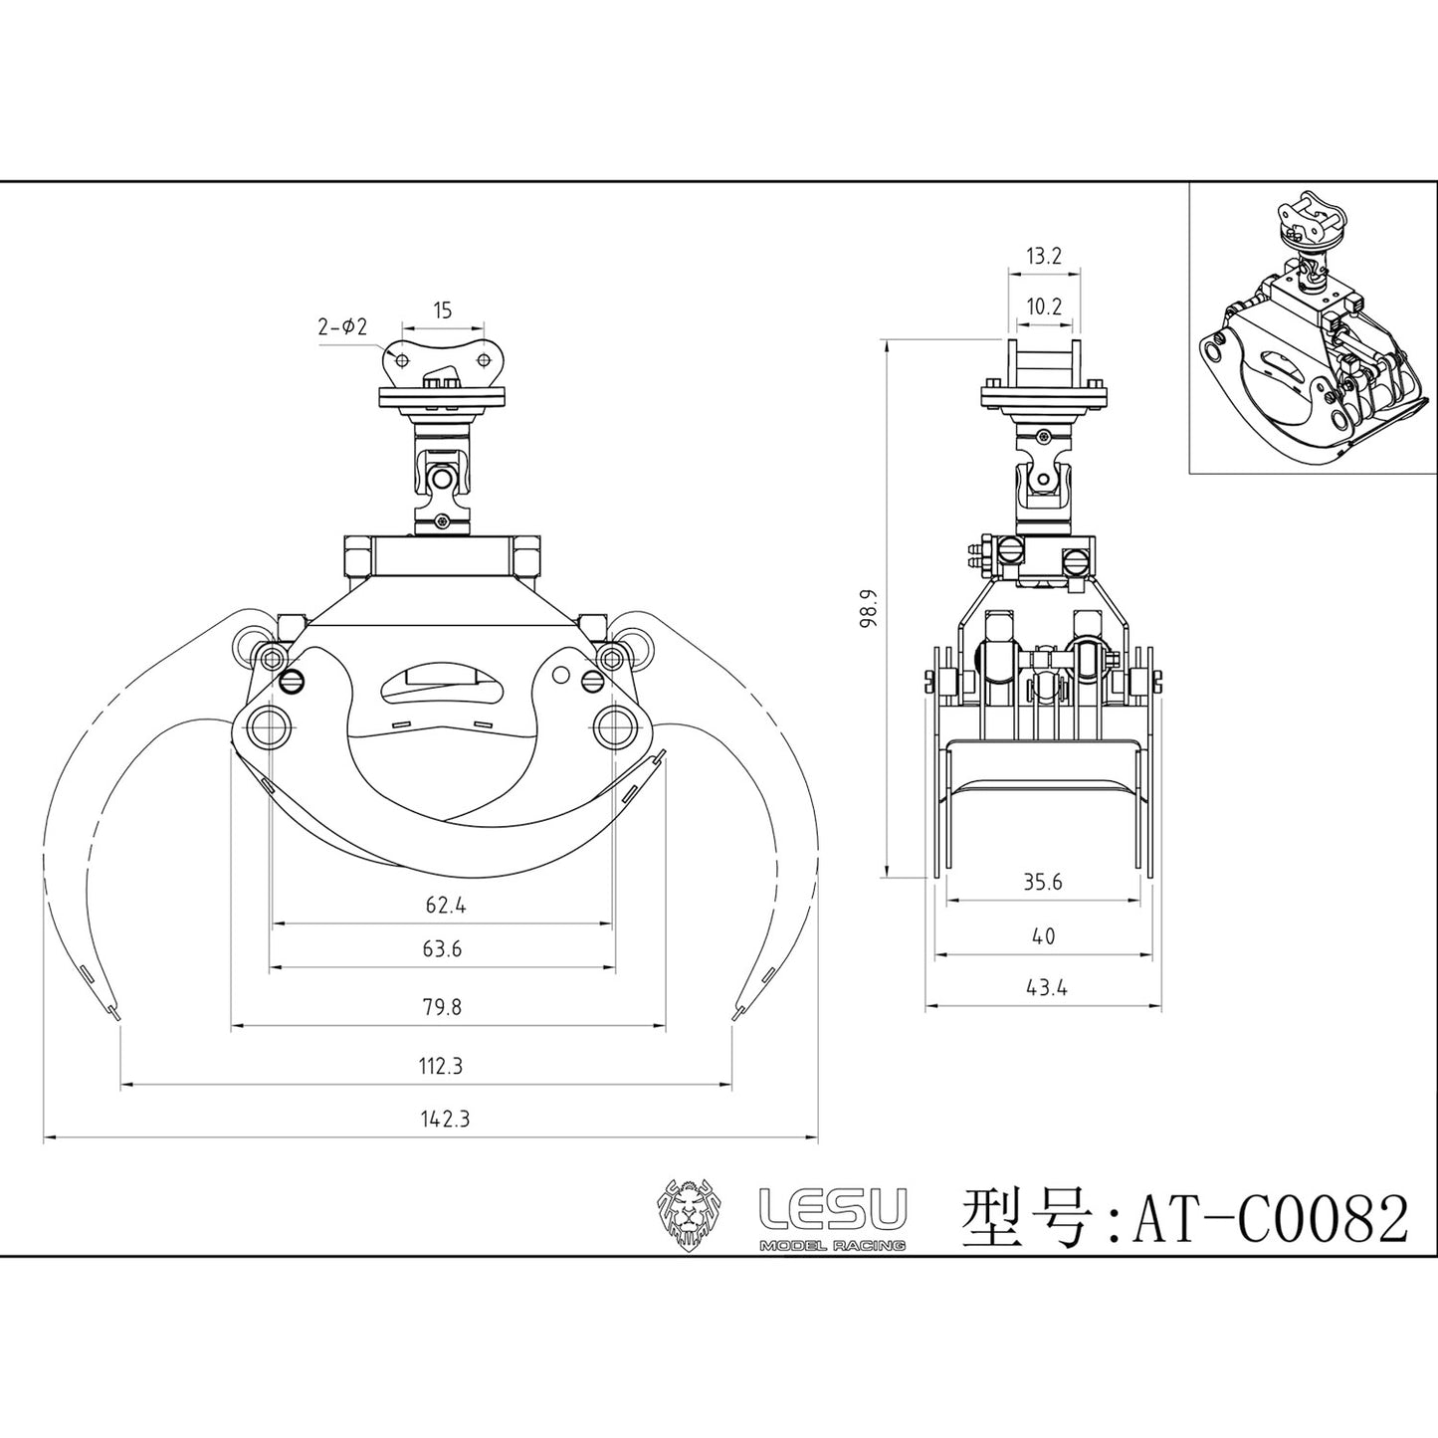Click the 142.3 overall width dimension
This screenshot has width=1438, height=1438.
click(x=444, y=1119)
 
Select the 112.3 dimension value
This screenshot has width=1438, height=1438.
click(x=440, y=1066)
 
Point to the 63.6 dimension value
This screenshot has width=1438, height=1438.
click(x=442, y=949)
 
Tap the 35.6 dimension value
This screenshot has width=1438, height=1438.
click(x=1043, y=882)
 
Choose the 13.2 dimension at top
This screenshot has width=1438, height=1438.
click(x=1043, y=257)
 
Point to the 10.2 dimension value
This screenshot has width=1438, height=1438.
click(x=1043, y=308)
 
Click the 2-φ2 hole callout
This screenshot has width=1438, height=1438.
click(x=343, y=325)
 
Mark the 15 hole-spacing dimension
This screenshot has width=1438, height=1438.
click(x=443, y=310)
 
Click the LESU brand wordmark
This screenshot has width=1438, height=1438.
click(x=832, y=1208)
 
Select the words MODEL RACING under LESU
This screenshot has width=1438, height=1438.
click(x=832, y=1246)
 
